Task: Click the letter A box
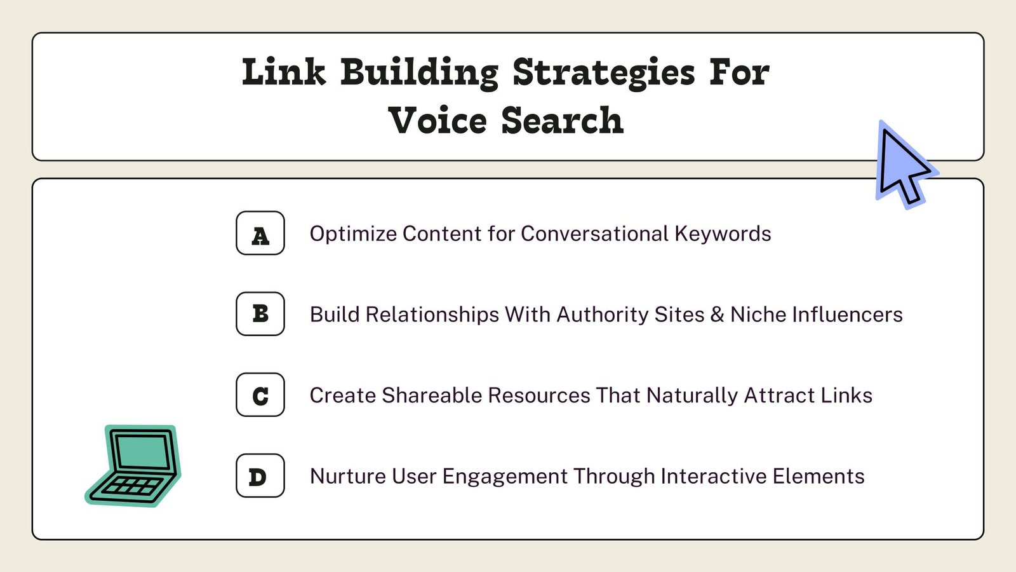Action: (x=260, y=233)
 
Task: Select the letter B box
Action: (x=260, y=314)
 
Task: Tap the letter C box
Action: (x=260, y=395)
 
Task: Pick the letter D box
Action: (x=260, y=475)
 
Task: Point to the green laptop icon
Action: (x=133, y=466)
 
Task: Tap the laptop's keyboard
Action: (x=131, y=487)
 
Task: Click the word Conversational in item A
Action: (x=594, y=233)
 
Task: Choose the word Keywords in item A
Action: (x=723, y=235)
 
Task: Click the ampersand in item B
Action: (x=717, y=314)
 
